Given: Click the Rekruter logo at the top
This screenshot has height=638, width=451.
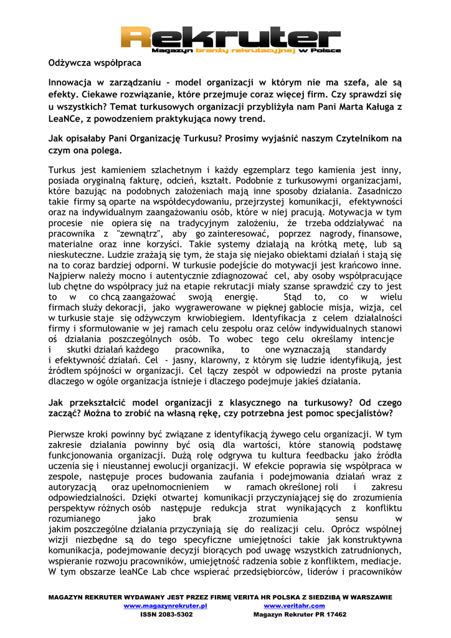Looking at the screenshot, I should [225, 37].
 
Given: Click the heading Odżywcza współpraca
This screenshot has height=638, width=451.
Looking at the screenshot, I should [95, 63].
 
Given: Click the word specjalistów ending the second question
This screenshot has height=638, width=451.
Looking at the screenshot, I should [365, 413].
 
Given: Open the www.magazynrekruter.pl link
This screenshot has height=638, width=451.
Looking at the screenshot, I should [165, 606].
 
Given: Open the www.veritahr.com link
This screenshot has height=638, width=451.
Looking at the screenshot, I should [294, 606].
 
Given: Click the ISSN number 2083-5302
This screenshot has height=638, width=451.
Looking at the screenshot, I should [175, 614].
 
